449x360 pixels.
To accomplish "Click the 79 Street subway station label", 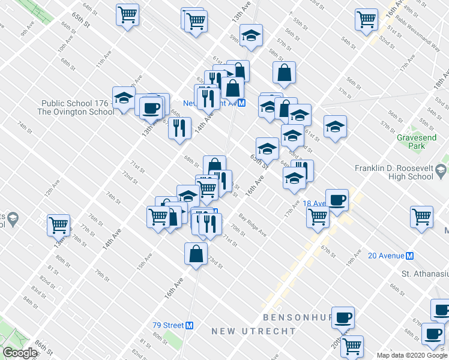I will (x=167, y=325).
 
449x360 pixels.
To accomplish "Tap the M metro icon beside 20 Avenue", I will (x=411, y=256).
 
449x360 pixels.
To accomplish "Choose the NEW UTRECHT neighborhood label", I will (x=253, y=331).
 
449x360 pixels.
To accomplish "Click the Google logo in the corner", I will (x=20, y=353).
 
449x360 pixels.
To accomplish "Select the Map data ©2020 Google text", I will (x=412, y=355).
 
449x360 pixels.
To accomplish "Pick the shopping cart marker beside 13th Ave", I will (x=59, y=225).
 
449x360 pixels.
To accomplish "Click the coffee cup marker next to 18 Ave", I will (x=337, y=200).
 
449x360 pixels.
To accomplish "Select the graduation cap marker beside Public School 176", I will (x=124, y=98).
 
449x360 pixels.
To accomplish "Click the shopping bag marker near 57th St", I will (x=284, y=73).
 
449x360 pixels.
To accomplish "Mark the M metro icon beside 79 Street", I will (x=190, y=325).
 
